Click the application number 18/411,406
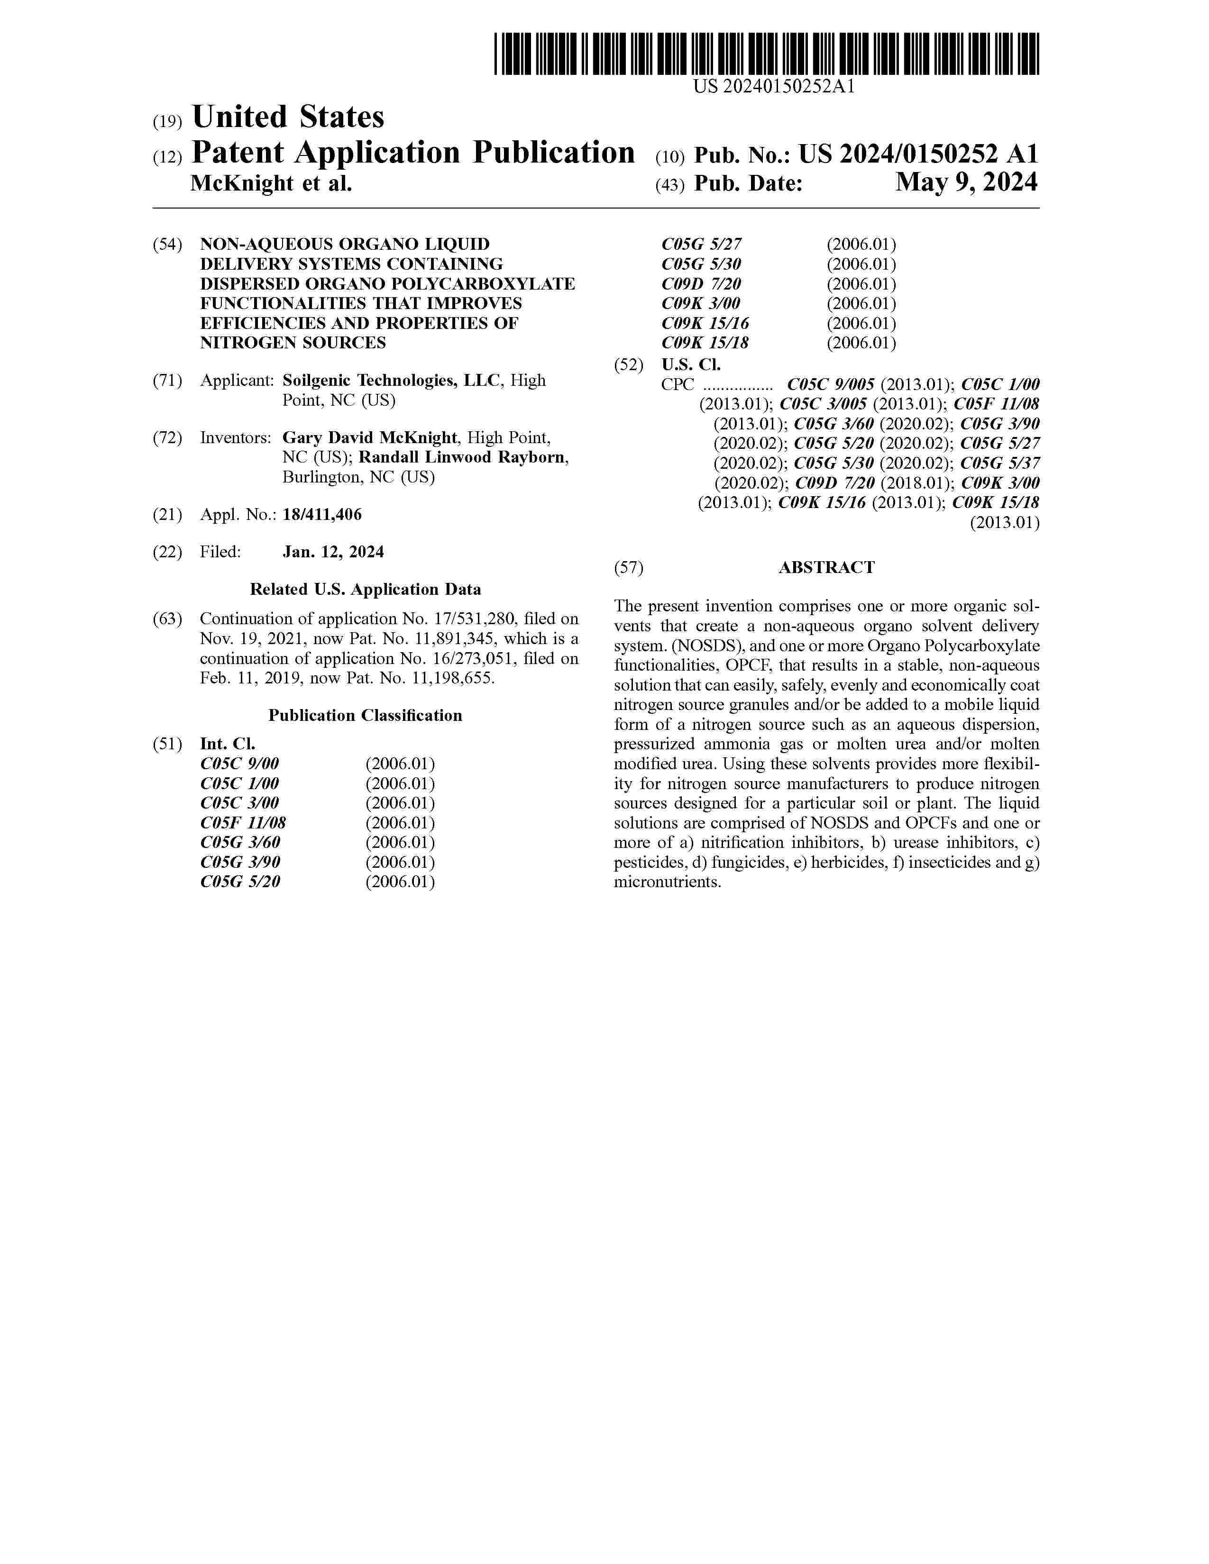click(322, 514)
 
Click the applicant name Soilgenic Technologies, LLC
click(391, 380)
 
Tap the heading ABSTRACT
click(826, 568)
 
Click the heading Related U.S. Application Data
click(365, 590)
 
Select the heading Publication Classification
click(365, 715)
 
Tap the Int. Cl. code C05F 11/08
click(243, 823)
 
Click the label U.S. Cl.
click(691, 364)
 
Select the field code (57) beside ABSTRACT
click(629, 568)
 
